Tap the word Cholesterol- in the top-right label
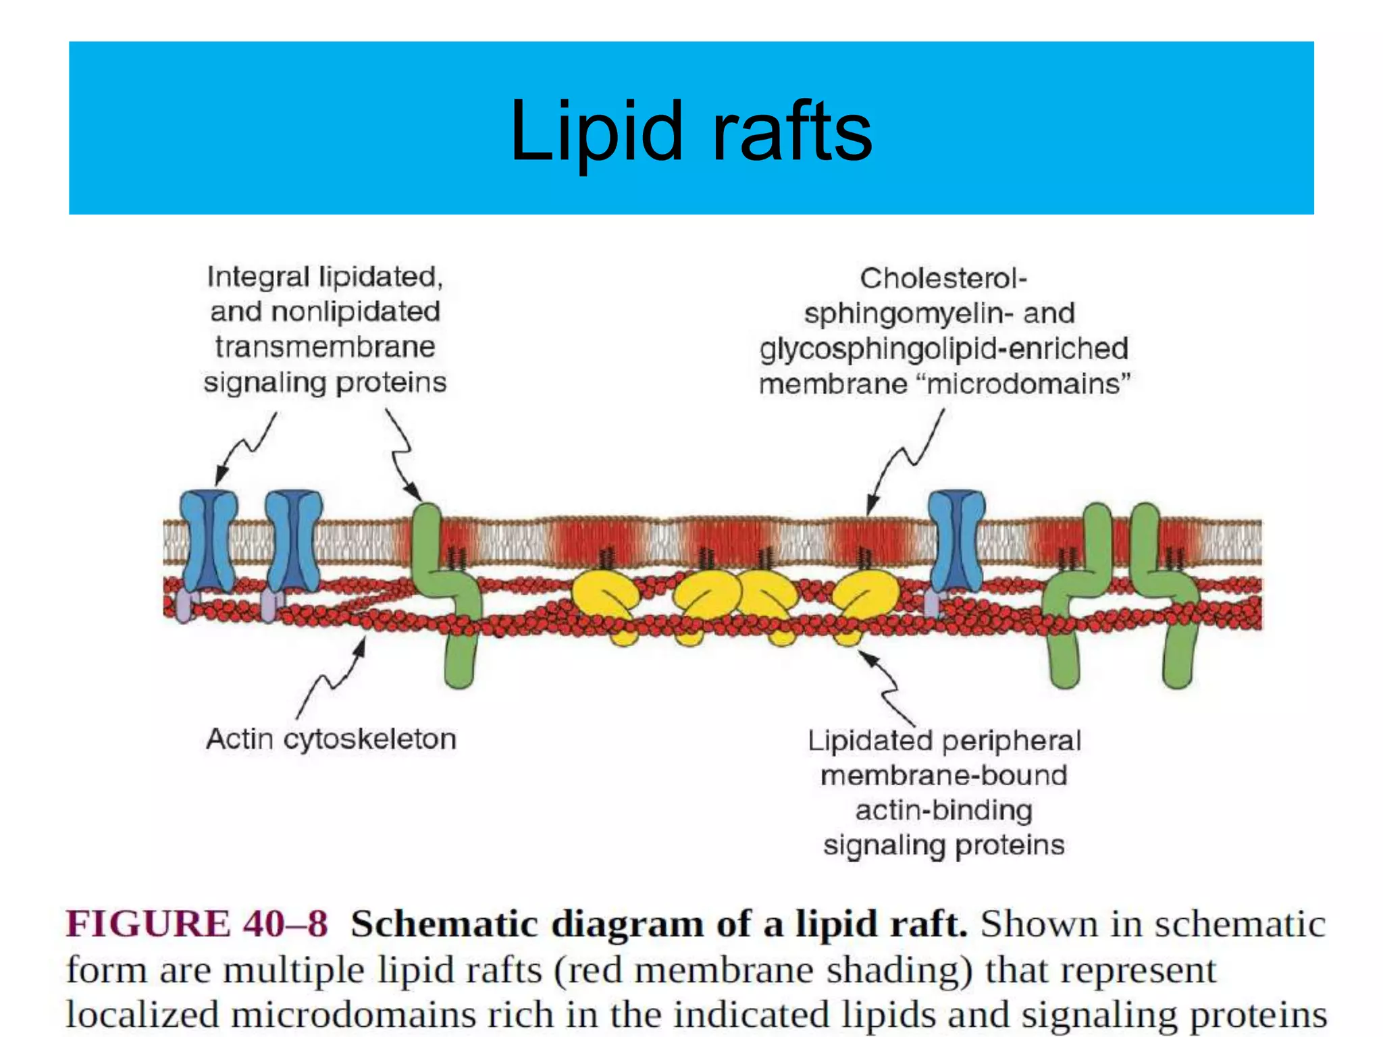943,278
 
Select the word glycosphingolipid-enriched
943,349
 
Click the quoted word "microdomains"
1028,384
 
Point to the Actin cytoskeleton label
331,739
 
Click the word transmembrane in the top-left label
325,347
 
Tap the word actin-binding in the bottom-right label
943,810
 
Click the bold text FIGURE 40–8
197,924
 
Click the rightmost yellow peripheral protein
864,597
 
